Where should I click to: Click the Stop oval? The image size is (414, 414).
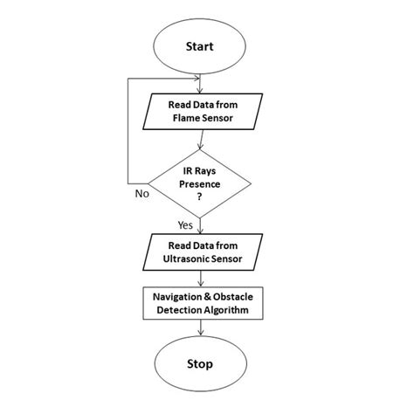click(x=203, y=362)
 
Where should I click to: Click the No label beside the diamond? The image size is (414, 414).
click(x=141, y=194)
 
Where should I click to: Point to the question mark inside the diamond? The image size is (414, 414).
click(x=203, y=198)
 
